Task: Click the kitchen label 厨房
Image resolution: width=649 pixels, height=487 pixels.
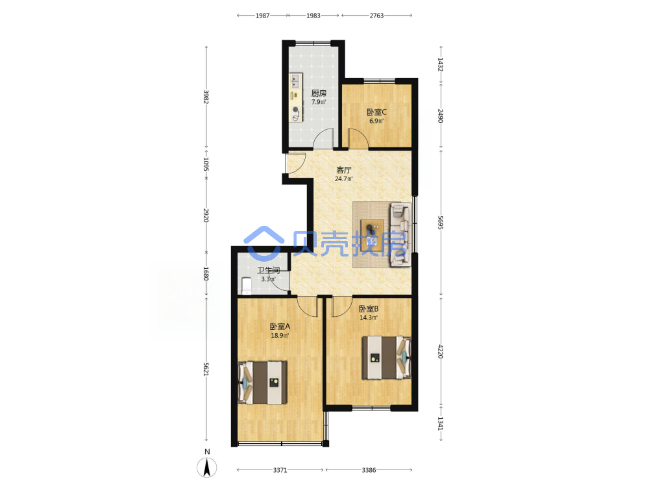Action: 319,93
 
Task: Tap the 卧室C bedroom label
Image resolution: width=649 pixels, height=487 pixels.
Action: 376,112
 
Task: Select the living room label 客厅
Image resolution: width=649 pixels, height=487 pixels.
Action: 343,169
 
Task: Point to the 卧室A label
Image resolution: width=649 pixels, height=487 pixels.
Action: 280,327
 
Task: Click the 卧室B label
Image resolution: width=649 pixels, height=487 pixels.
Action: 369,309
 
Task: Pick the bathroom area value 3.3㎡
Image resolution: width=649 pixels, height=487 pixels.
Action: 268,279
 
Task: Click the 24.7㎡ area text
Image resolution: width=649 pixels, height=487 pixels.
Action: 343,179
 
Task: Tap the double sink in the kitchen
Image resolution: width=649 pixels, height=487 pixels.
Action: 295,81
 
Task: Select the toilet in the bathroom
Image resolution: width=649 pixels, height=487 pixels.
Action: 246,285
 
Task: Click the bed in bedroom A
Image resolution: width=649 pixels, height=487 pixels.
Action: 263,382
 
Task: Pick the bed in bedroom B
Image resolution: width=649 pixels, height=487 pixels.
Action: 387,357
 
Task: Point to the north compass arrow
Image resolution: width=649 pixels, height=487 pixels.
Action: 207,468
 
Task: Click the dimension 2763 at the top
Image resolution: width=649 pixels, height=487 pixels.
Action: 376,16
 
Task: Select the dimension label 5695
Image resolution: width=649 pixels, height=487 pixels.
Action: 441,223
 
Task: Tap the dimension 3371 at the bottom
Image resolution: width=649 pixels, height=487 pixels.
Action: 280,470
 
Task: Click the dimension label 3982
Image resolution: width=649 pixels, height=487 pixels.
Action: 206,97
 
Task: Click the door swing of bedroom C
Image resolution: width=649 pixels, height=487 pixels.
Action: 358,138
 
